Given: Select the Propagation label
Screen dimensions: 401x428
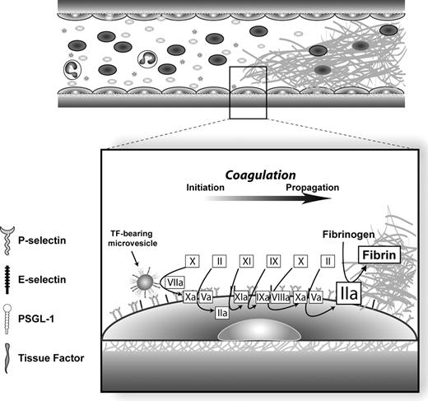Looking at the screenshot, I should [x=312, y=188].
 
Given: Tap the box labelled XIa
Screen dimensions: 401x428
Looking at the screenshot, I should [x=241, y=296].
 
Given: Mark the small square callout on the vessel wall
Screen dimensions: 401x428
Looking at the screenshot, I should [x=248, y=94].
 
